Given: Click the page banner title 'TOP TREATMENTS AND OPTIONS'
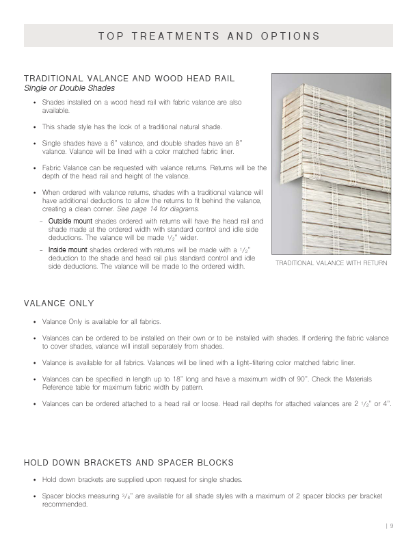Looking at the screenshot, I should [x=209, y=35].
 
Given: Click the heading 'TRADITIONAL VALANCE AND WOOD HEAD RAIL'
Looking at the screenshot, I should [x=129, y=79].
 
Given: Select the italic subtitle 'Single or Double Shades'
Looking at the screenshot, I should [x=69, y=88].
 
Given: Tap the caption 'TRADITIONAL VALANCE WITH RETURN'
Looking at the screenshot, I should [x=331, y=263].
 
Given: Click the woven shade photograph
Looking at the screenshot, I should [x=331, y=163].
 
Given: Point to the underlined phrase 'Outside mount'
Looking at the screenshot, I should [x=69, y=221].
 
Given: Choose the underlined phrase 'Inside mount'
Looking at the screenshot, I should [x=67, y=251].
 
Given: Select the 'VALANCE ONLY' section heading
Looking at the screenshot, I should [x=59, y=303].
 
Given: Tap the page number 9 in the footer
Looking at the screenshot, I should [x=392, y=525].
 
